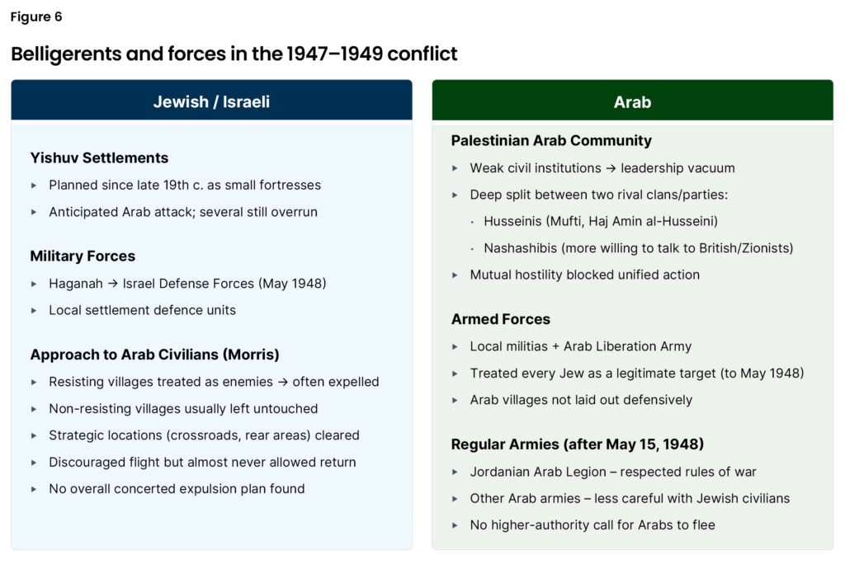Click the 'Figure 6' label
point(36,16)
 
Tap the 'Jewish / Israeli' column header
point(211,101)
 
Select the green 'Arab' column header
point(632,101)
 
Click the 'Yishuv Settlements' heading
point(99,158)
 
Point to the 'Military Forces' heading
point(83,256)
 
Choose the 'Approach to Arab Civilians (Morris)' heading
point(154,355)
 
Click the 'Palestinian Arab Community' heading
point(551,140)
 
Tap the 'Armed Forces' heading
point(501,319)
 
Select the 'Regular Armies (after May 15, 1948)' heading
point(578,444)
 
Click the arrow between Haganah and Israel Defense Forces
point(112,283)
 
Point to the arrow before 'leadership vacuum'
point(611,168)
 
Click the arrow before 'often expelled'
point(283,382)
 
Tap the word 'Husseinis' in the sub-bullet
point(512,221)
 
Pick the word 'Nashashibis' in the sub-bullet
point(520,248)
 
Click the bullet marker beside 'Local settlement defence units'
point(34,311)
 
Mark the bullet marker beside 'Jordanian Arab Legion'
point(455,472)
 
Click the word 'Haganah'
point(75,283)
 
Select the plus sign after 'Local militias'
point(555,346)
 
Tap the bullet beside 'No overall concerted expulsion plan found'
point(34,489)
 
